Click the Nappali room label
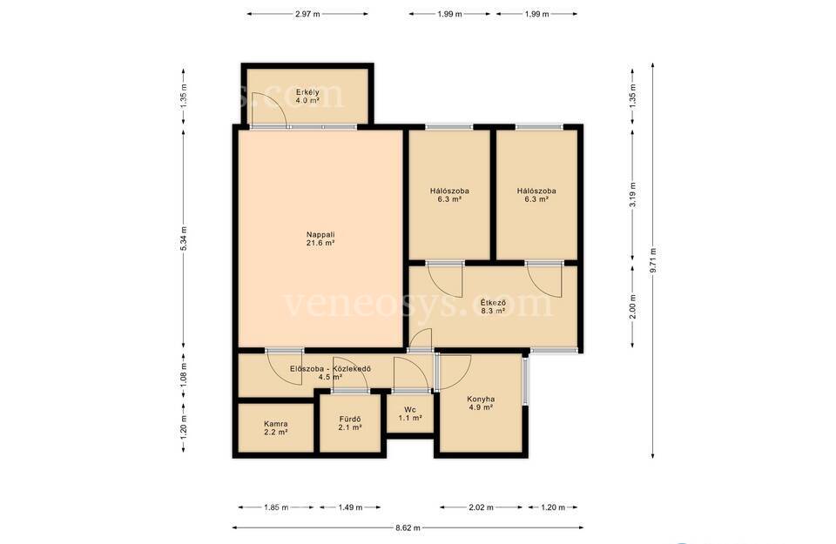tap(320, 234)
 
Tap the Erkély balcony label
tap(307, 92)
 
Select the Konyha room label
tap(481, 399)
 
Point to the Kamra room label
tap(276, 424)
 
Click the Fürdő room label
tap(350, 419)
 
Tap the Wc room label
tap(410, 410)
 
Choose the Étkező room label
tap(493, 302)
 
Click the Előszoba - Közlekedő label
tap(331, 369)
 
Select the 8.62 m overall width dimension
tap(408, 528)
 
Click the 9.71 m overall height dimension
tap(653, 260)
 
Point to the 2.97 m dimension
tap(307, 15)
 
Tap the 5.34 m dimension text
tap(184, 238)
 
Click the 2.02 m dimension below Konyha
tap(481, 507)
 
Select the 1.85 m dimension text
tap(276, 507)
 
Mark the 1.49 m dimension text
tap(350, 507)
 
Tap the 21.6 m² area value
tap(320, 243)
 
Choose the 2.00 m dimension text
tap(633, 307)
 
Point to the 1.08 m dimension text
tap(184, 375)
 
